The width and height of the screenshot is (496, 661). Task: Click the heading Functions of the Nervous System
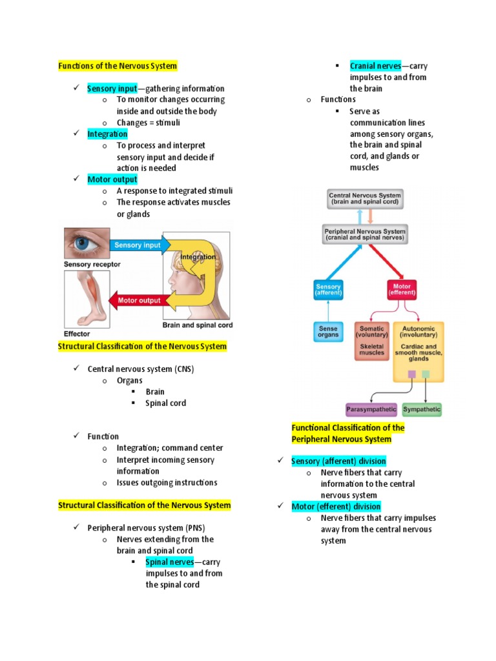[118, 66]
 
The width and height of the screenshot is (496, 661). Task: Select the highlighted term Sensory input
[112, 88]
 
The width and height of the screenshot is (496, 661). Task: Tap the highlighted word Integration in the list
[107, 134]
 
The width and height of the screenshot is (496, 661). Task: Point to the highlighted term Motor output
[112, 179]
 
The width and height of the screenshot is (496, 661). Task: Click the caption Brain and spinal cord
[197, 325]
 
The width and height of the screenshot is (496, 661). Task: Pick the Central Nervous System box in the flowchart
[365, 198]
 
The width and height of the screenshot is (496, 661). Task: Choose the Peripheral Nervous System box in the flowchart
[365, 234]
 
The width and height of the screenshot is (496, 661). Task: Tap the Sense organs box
[328, 332]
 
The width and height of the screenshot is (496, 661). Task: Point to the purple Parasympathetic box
[371, 409]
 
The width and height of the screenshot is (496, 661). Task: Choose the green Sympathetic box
[422, 409]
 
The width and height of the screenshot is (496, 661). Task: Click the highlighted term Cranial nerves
[375, 66]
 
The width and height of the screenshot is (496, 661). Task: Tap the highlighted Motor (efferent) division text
[336, 507]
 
